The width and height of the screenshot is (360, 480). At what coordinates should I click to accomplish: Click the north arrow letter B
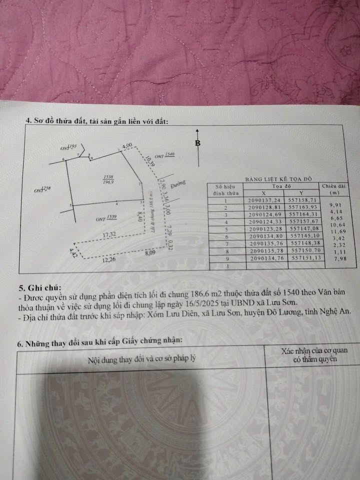[198, 143]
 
